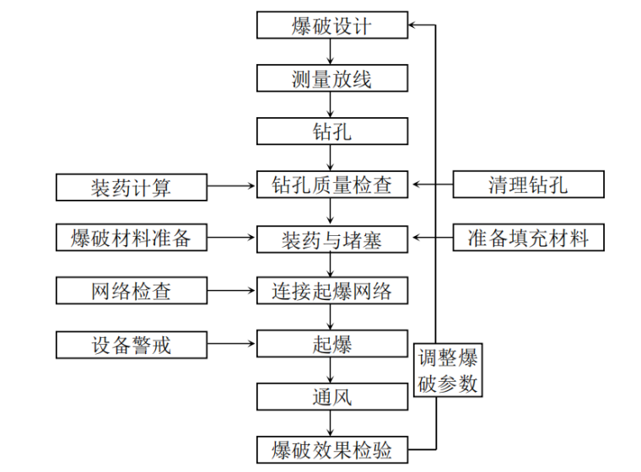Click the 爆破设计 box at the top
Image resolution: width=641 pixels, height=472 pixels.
(331, 25)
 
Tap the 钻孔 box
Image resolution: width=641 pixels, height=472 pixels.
(331, 131)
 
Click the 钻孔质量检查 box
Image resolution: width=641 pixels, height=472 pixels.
(331, 185)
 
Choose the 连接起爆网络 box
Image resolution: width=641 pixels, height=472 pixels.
(331, 291)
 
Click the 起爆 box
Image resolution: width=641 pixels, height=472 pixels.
(331, 343)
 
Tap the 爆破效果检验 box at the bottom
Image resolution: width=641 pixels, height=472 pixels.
(331, 448)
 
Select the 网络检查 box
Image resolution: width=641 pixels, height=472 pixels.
(131, 291)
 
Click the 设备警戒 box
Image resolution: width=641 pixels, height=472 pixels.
(131, 343)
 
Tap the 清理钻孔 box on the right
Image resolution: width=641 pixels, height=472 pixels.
(528, 185)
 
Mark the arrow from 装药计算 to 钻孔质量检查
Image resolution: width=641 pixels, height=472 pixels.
(231, 185)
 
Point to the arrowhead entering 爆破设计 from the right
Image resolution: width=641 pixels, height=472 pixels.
(412, 25)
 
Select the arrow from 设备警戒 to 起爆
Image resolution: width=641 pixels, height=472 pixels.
(231, 343)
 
